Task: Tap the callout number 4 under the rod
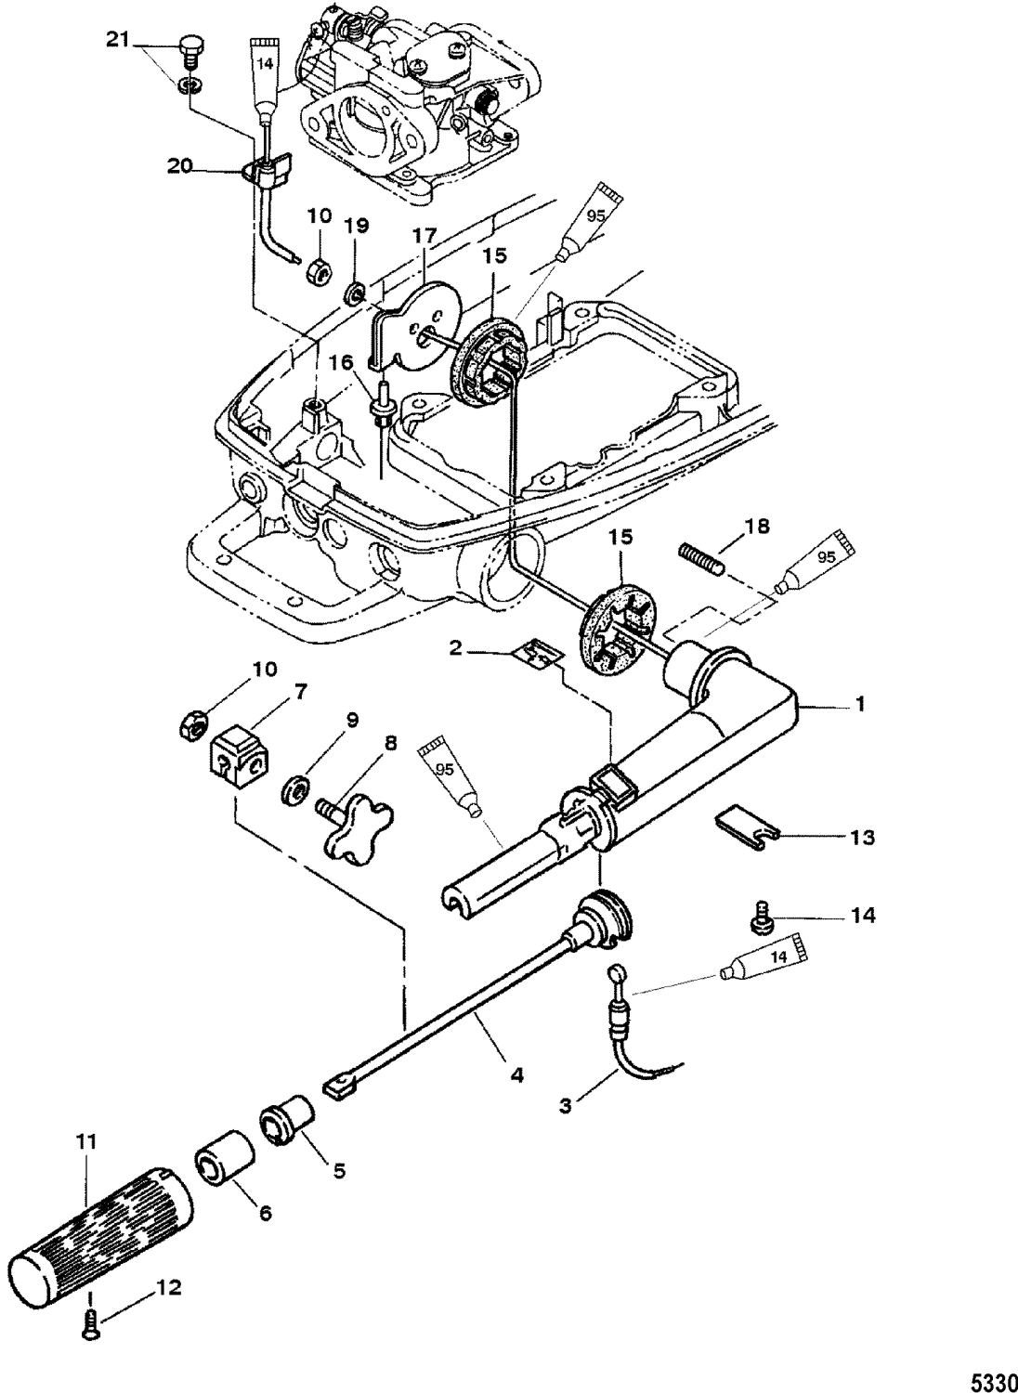click(x=516, y=1075)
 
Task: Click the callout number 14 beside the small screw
click(x=863, y=915)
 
